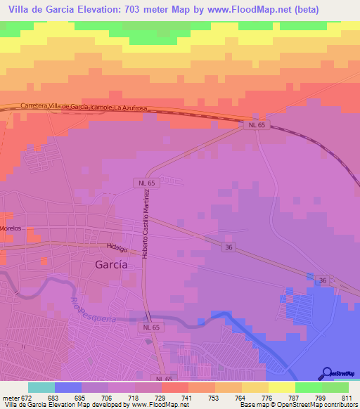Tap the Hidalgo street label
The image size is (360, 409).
click(117, 248)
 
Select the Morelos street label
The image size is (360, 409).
click(11, 228)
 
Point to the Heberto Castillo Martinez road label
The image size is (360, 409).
click(147, 223)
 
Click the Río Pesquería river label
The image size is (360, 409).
click(92, 307)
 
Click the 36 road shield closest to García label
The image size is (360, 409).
click(229, 247)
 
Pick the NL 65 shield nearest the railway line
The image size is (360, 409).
click(257, 124)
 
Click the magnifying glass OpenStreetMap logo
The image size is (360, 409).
click(326, 374)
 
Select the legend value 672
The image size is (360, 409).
click(27, 398)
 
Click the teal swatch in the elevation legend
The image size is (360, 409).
click(41, 387)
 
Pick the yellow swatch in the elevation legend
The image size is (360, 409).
click(282, 387)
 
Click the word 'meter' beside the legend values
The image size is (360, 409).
click(10, 398)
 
